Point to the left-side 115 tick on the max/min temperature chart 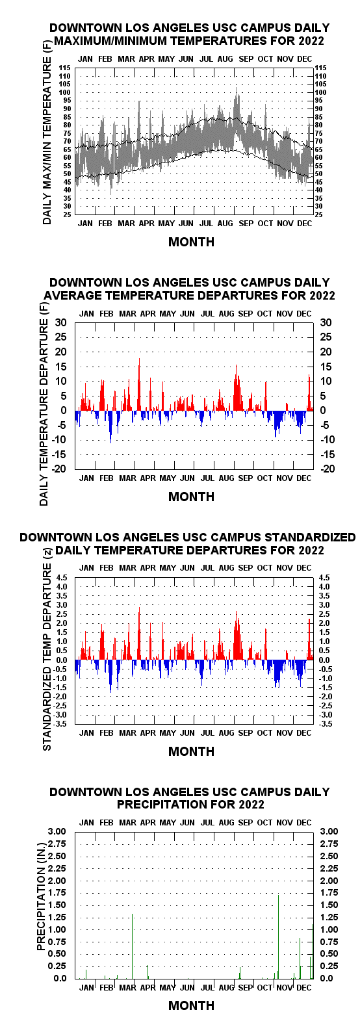tap(65, 68)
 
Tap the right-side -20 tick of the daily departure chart tap(328, 469)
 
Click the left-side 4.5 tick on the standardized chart tap(62, 577)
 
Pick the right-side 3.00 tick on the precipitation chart tap(329, 831)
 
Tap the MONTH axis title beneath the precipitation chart tap(192, 1005)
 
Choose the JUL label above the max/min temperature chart tap(206, 59)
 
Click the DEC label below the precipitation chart tap(304, 987)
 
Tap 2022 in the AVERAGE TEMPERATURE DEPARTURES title tap(322, 296)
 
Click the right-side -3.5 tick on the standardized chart tap(326, 724)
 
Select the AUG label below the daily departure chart tap(226, 478)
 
